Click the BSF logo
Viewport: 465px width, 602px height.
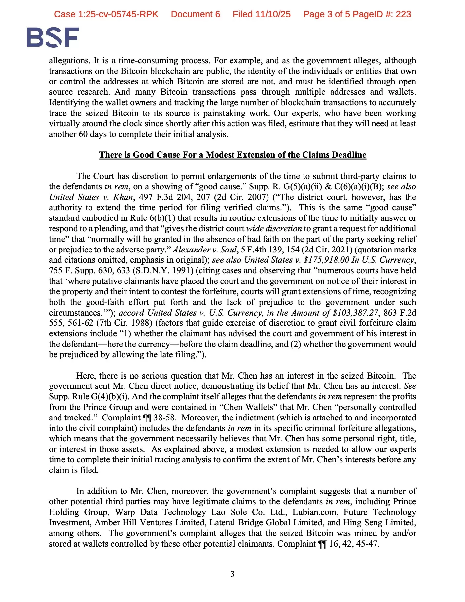[53, 37]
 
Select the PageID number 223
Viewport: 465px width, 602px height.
[403, 14]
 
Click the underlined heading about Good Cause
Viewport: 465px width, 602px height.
[232, 155]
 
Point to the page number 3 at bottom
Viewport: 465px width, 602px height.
[232, 574]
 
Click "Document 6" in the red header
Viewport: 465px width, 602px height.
[196, 14]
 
